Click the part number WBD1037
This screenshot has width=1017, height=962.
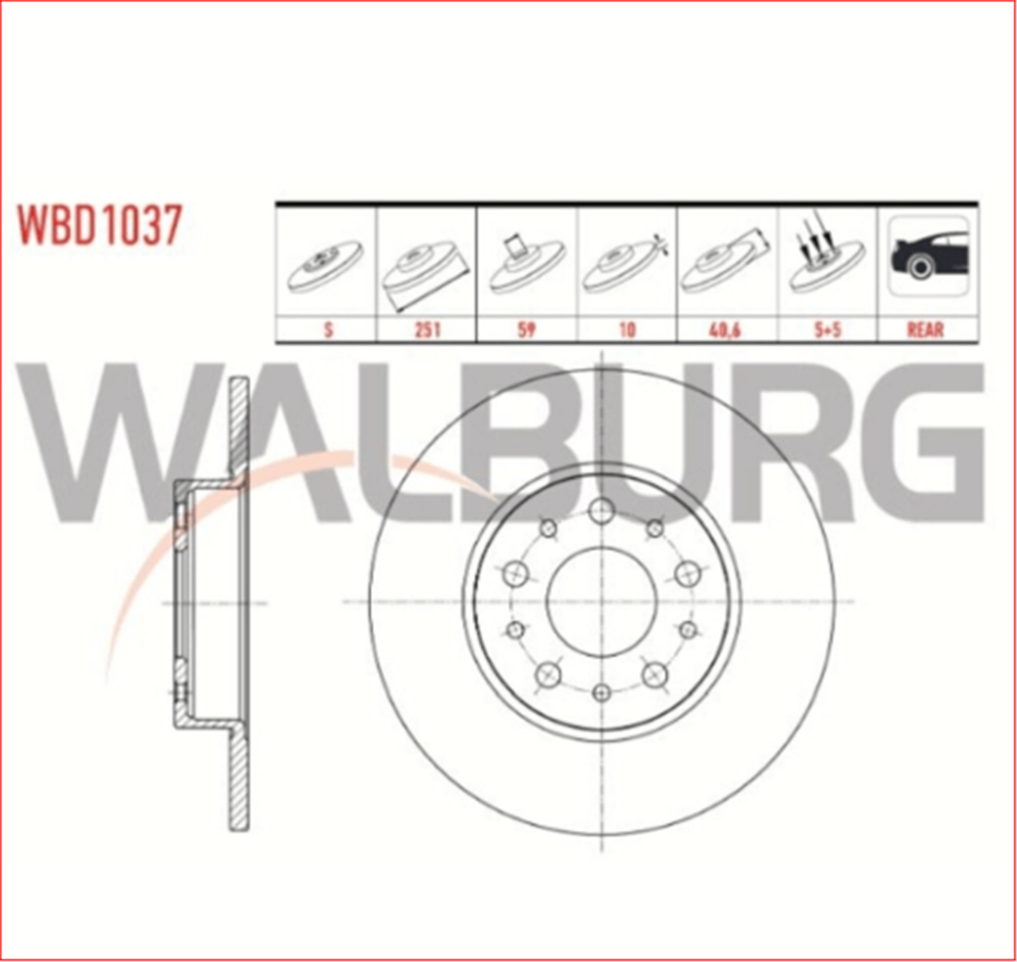(100, 224)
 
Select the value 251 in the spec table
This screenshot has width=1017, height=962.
(427, 330)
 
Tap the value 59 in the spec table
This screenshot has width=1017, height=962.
(526, 330)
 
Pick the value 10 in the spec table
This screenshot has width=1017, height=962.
(627, 330)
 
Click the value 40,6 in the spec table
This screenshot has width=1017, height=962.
(727, 330)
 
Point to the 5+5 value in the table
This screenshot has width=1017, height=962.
(827, 330)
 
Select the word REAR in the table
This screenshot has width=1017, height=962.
(925, 330)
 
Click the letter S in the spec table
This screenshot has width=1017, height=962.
(328, 330)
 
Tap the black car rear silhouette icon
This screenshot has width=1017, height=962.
(928, 255)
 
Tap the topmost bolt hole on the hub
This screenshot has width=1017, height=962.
(601, 510)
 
